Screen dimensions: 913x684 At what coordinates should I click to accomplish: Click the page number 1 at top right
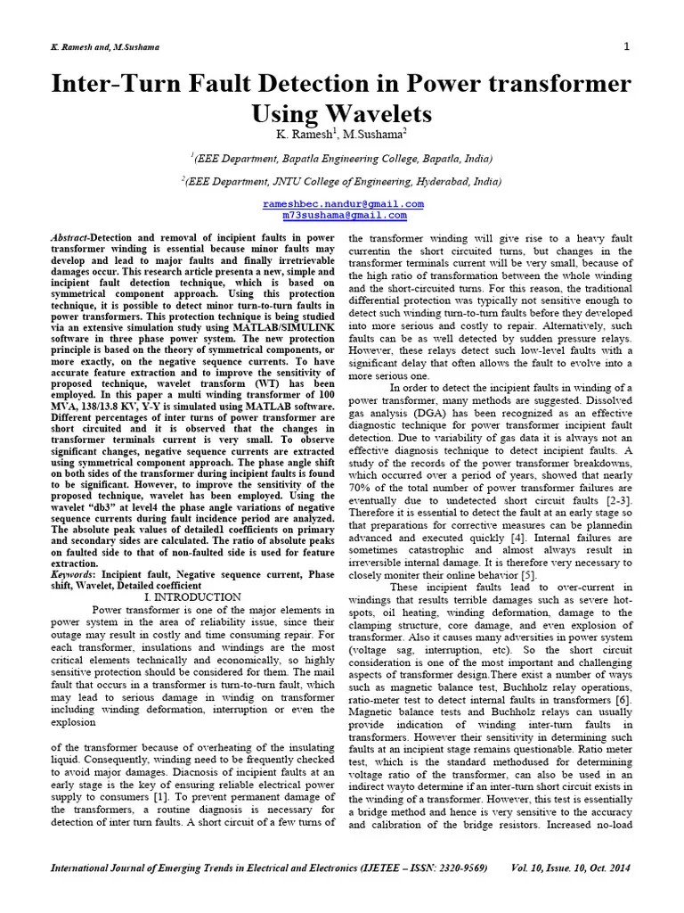pos(626,45)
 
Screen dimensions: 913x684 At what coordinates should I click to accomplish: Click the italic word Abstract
pos(71,239)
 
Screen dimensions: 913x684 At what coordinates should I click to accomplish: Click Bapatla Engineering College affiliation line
pos(343,158)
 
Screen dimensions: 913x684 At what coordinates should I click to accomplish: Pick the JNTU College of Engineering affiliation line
pos(343,180)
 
